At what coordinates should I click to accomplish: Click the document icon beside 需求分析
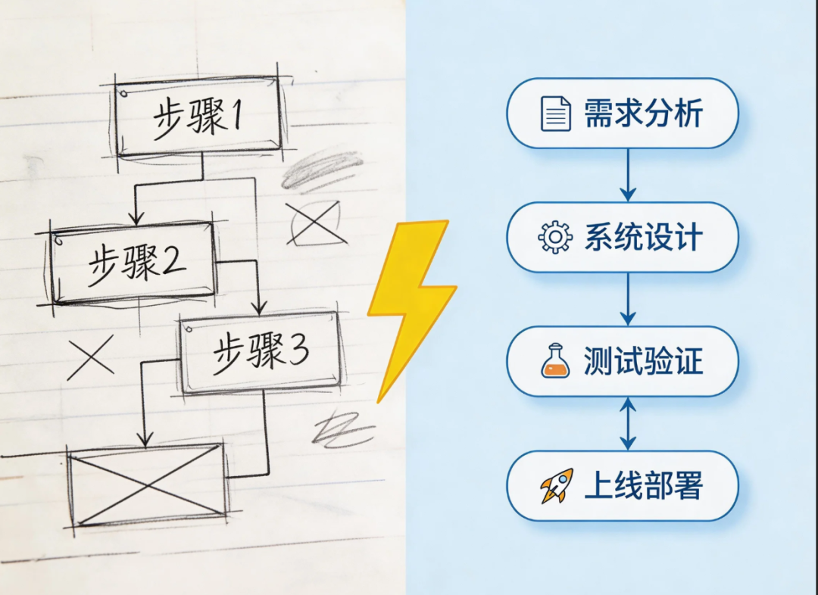555,114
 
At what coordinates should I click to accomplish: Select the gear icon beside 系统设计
555,238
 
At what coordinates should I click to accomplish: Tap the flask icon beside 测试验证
555,361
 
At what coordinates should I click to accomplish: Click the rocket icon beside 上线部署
555,486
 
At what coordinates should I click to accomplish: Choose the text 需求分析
643,114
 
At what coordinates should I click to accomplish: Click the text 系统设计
643,238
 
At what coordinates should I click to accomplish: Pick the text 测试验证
643,362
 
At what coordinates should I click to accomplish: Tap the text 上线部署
643,486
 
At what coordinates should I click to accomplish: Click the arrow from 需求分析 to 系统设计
627,175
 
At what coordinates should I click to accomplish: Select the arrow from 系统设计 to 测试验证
627,299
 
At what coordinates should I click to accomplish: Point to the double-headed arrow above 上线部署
627,423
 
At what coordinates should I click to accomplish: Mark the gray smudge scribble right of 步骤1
321,170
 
